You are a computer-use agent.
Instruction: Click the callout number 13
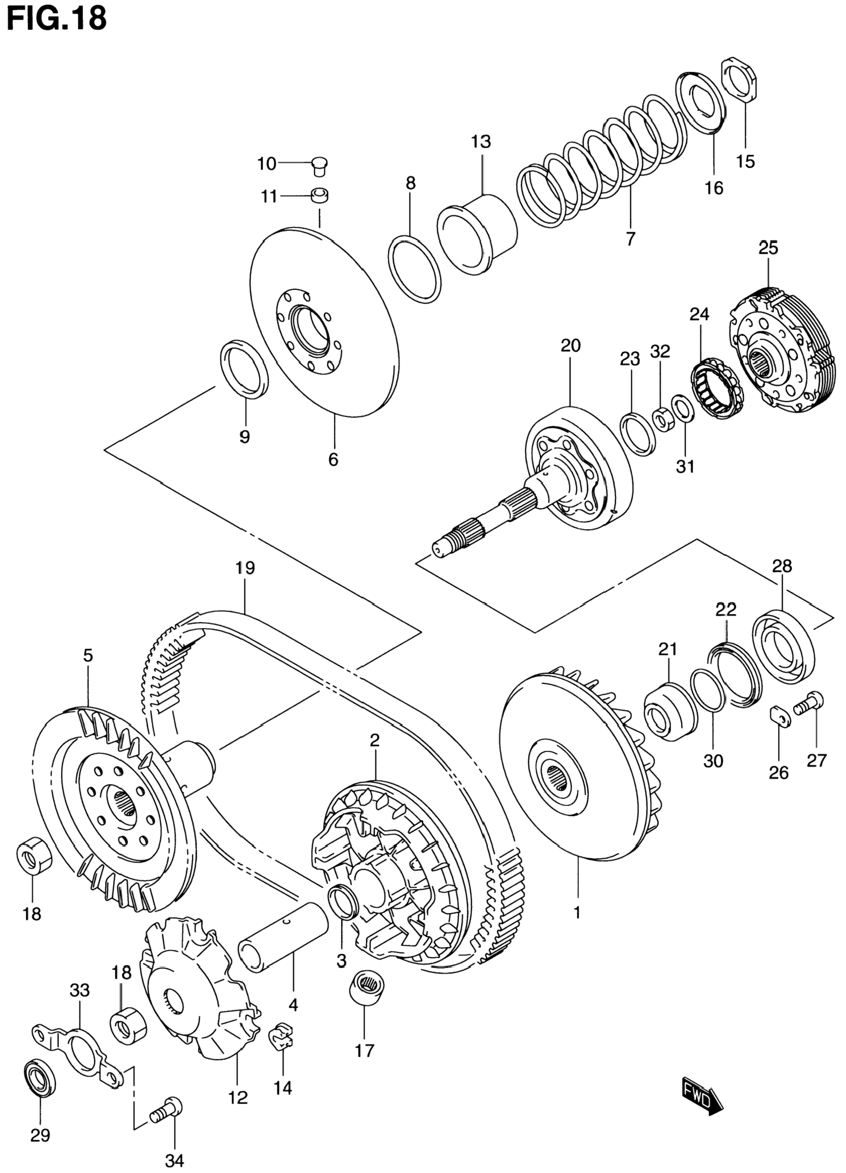pos(481,141)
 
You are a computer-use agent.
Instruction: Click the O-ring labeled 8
pos(415,269)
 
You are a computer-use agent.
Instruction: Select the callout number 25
pos(768,249)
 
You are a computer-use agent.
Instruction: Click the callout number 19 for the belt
pos(245,568)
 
